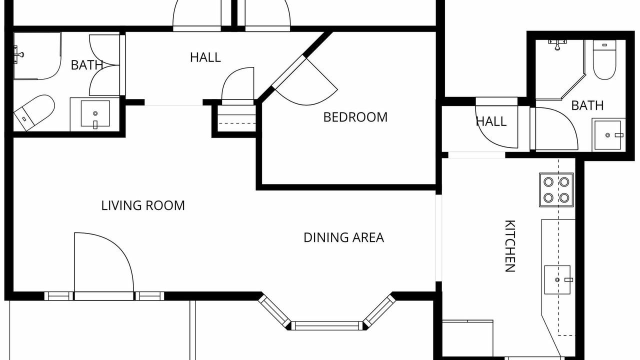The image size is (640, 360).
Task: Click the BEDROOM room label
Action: [x=355, y=117]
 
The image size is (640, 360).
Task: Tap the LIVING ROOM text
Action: [x=143, y=205]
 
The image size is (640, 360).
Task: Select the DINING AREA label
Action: [x=343, y=237]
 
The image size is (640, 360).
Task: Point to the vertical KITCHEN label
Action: [x=510, y=245]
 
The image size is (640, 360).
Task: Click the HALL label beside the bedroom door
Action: [x=205, y=57]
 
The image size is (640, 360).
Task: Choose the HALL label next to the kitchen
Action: [x=491, y=121]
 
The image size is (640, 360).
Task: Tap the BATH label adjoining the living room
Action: [x=86, y=65]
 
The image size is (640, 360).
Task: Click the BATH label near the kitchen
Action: [x=587, y=105]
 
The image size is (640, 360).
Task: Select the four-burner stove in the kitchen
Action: [x=556, y=189]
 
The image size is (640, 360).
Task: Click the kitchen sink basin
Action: [x=557, y=279]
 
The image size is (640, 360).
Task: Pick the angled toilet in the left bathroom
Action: [x=34, y=113]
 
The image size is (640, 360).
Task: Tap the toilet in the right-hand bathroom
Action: [x=604, y=59]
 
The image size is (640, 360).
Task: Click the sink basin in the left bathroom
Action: [x=95, y=113]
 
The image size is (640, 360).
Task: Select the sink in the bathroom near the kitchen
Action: [x=607, y=135]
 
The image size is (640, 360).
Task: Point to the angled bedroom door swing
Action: [x=307, y=81]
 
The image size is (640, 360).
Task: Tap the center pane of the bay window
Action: [x=327, y=325]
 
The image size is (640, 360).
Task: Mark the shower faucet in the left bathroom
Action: [x=19, y=54]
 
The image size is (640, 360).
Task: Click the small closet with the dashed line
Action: [x=236, y=118]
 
